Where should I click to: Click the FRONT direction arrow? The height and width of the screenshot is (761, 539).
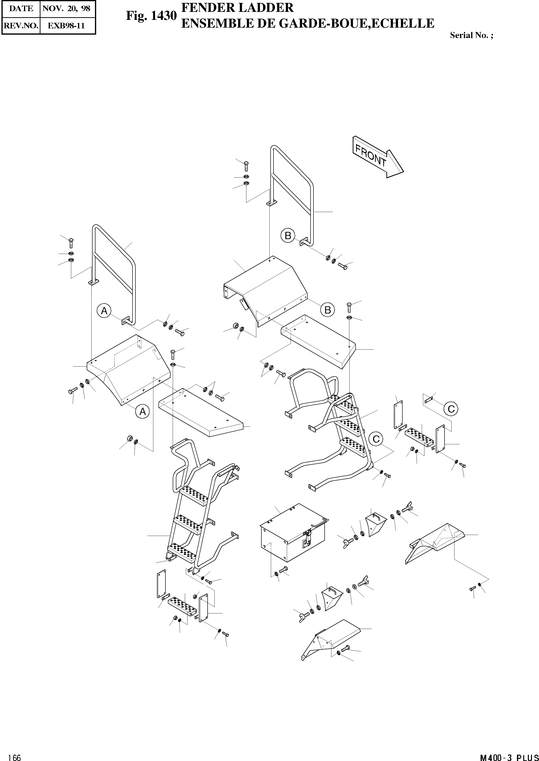(378, 157)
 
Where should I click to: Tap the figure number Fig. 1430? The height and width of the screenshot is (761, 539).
(151, 16)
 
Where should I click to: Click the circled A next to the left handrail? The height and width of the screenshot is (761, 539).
(104, 311)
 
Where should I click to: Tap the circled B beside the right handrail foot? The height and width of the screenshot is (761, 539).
(288, 236)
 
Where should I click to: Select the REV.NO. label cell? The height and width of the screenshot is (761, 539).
(21, 25)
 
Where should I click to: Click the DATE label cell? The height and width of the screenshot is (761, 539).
(21, 9)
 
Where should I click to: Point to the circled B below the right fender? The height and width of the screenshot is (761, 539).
(327, 310)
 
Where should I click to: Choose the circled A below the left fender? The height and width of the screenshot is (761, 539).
(142, 412)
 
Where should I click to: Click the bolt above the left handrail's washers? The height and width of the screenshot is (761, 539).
(71, 243)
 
